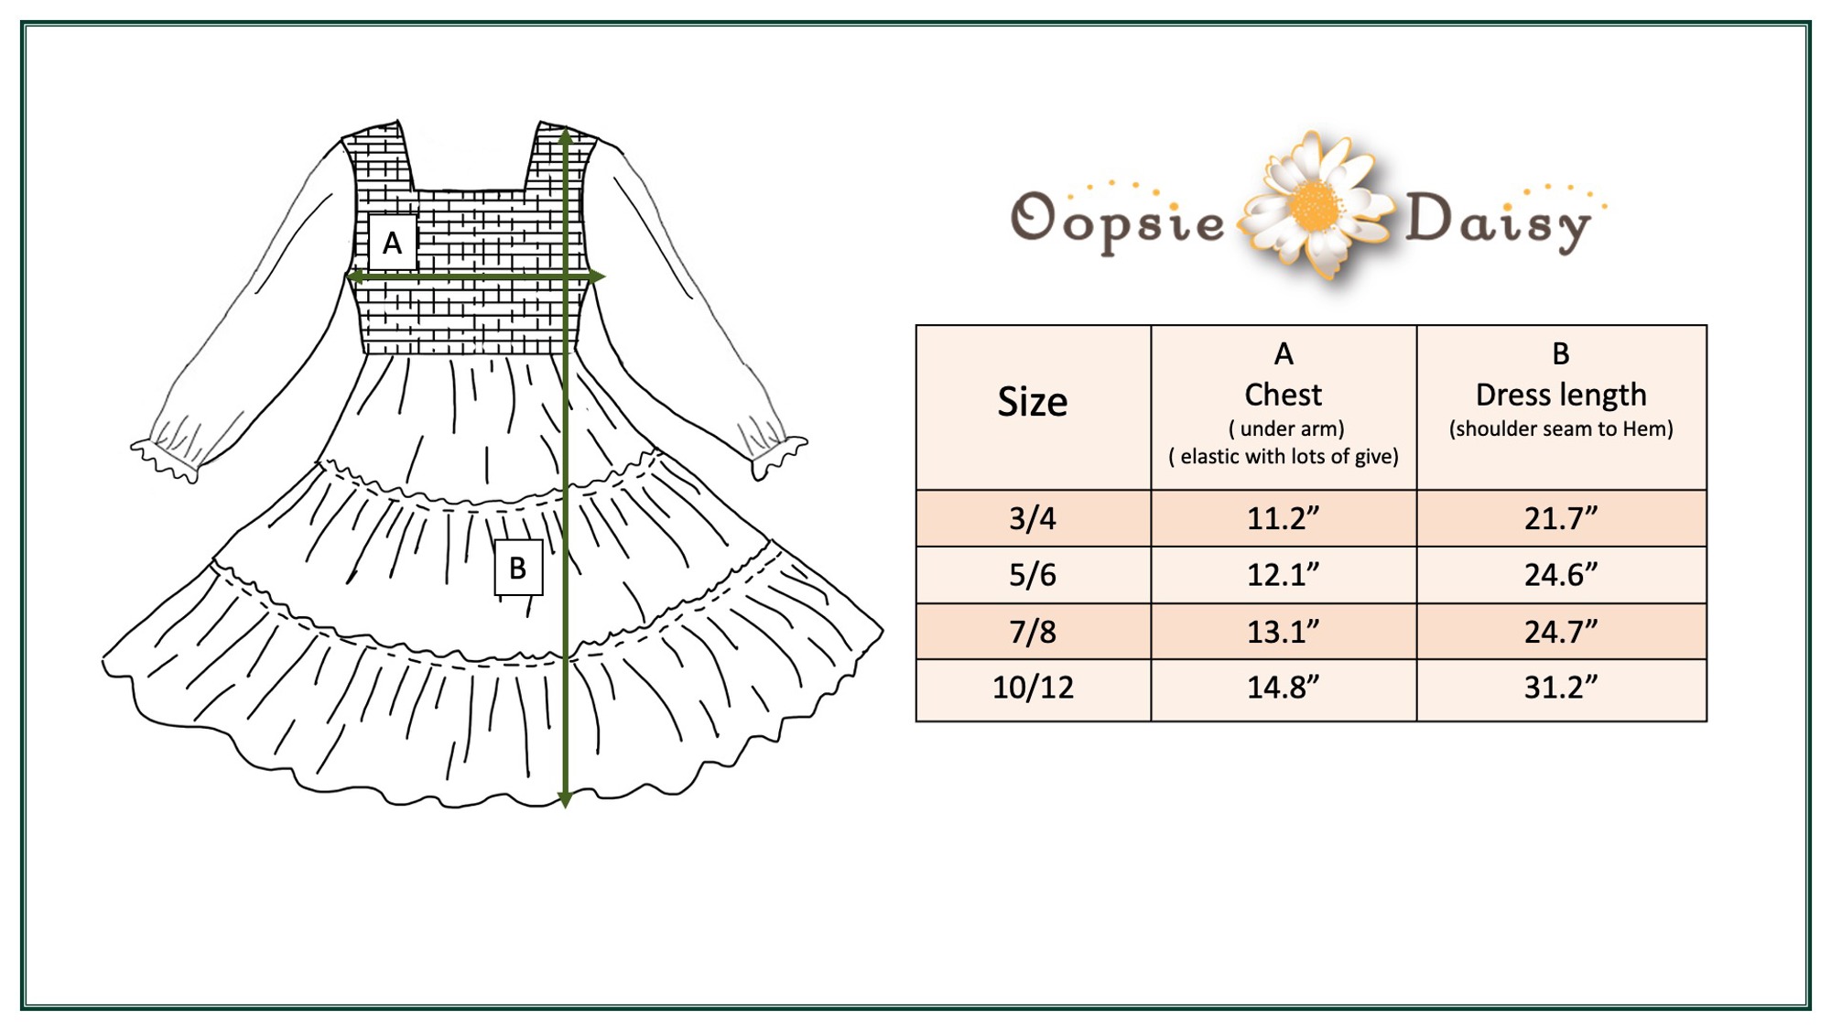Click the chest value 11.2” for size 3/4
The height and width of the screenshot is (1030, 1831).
[1283, 518]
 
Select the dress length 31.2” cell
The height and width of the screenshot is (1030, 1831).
[1560, 687]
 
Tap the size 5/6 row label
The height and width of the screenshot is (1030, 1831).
[1033, 575]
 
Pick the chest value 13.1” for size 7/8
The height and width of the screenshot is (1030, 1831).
[1283, 631]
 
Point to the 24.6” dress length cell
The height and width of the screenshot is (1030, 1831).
[1560, 575]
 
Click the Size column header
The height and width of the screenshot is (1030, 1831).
[1033, 402]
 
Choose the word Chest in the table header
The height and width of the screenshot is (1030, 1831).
[1283, 395]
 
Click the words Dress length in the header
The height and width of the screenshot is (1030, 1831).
[1561, 395]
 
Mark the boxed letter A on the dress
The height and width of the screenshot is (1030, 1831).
[392, 243]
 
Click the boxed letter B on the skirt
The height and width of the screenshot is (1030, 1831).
[518, 568]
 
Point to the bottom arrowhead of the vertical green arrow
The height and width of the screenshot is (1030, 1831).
[566, 798]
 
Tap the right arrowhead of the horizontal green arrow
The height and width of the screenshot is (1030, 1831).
[596, 276]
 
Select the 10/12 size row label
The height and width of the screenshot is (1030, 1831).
[1033, 687]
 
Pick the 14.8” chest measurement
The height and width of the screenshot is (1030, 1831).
[1283, 687]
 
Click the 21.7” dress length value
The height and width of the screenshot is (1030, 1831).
[1560, 518]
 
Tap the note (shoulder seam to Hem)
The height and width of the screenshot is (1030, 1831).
[1561, 428]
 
